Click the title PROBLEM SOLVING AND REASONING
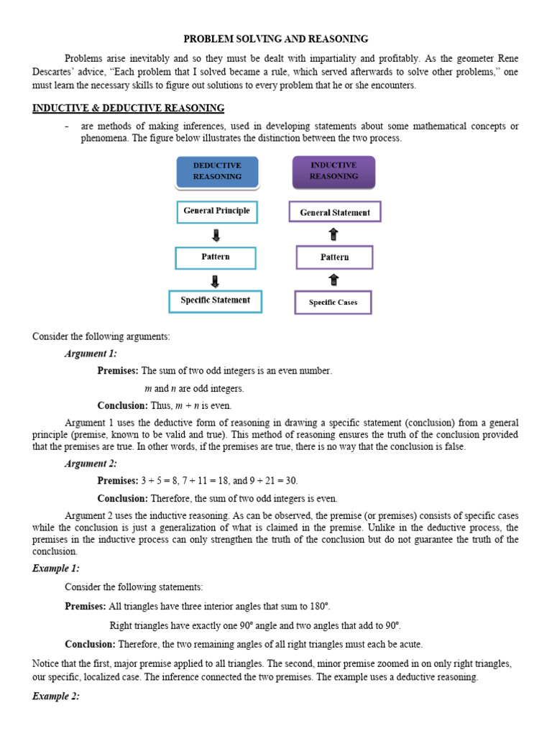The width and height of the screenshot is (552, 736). point(276,39)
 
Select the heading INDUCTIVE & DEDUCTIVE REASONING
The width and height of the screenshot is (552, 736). point(129,108)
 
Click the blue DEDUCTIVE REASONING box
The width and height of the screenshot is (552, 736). point(217,171)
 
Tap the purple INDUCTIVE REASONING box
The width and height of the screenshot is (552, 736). point(333,171)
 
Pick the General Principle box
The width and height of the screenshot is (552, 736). point(217,211)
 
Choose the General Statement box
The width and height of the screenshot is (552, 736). point(334,212)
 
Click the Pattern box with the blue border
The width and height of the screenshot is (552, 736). point(216,257)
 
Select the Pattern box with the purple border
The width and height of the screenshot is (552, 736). point(334,257)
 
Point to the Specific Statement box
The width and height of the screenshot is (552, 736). point(216,300)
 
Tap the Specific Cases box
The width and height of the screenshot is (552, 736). point(333,303)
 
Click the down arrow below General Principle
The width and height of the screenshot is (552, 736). point(216,235)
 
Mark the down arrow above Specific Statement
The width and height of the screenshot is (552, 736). point(216,280)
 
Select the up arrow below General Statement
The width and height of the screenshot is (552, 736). point(333,234)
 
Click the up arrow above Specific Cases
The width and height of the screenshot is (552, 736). point(333,280)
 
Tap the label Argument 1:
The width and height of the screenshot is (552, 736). point(91,354)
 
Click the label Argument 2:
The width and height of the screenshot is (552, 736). point(91,464)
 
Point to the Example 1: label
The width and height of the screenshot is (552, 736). point(56,569)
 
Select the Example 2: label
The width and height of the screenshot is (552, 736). point(56,696)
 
